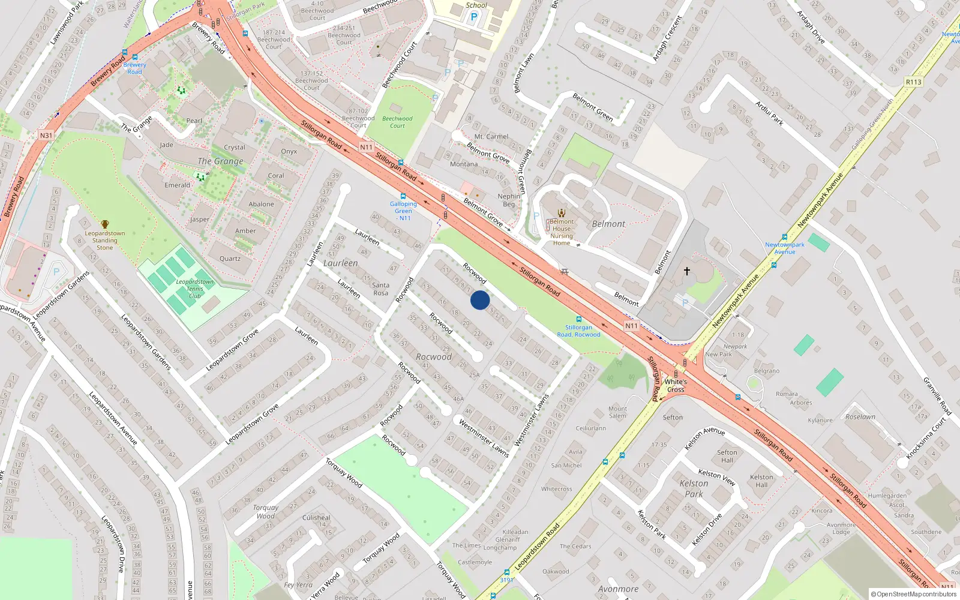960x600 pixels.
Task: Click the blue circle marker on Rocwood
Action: (x=479, y=300)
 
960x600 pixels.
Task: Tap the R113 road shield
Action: (x=913, y=82)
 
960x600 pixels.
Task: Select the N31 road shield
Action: (x=46, y=136)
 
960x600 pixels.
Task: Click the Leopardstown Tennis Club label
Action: (x=194, y=289)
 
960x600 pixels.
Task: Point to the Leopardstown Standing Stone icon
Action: (x=105, y=224)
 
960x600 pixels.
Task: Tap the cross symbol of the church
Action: (x=686, y=271)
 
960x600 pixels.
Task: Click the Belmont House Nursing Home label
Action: (x=562, y=232)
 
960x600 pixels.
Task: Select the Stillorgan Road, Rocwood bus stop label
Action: (x=578, y=331)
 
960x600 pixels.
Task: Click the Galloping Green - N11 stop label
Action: (x=403, y=211)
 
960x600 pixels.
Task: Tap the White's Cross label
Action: (x=676, y=385)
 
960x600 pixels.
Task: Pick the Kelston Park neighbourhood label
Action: (x=694, y=488)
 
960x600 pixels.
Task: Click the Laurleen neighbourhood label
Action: (x=340, y=263)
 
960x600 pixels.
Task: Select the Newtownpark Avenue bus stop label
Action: (x=784, y=248)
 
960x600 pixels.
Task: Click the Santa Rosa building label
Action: (x=380, y=289)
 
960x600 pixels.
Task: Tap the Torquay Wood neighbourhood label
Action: (x=265, y=512)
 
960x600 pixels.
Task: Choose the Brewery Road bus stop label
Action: (x=134, y=68)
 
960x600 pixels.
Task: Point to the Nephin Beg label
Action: (x=509, y=200)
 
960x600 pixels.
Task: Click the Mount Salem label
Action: (x=617, y=412)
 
